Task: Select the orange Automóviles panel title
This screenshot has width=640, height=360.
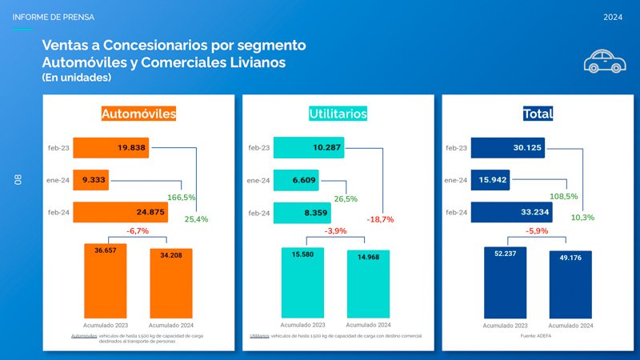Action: coord(138,114)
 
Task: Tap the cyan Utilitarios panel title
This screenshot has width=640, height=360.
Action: coord(338,114)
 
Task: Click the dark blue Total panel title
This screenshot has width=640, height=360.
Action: coord(537,114)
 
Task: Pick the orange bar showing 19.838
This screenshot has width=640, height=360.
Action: coord(110,148)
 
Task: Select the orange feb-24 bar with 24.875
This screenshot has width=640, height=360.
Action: coord(120,212)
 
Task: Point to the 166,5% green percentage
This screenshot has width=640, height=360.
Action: coord(182,197)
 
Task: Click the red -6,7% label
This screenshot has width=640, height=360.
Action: coord(138,231)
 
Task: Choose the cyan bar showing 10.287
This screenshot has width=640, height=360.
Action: coord(309,148)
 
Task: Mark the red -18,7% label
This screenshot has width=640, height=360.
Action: coord(381,219)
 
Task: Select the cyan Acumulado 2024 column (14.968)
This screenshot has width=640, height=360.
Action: coord(368,284)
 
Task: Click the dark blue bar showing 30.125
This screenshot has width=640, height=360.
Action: coord(507,148)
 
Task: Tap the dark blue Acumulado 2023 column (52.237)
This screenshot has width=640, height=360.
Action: coord(505,282)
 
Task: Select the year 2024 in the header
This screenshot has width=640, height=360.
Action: coord(614,17)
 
